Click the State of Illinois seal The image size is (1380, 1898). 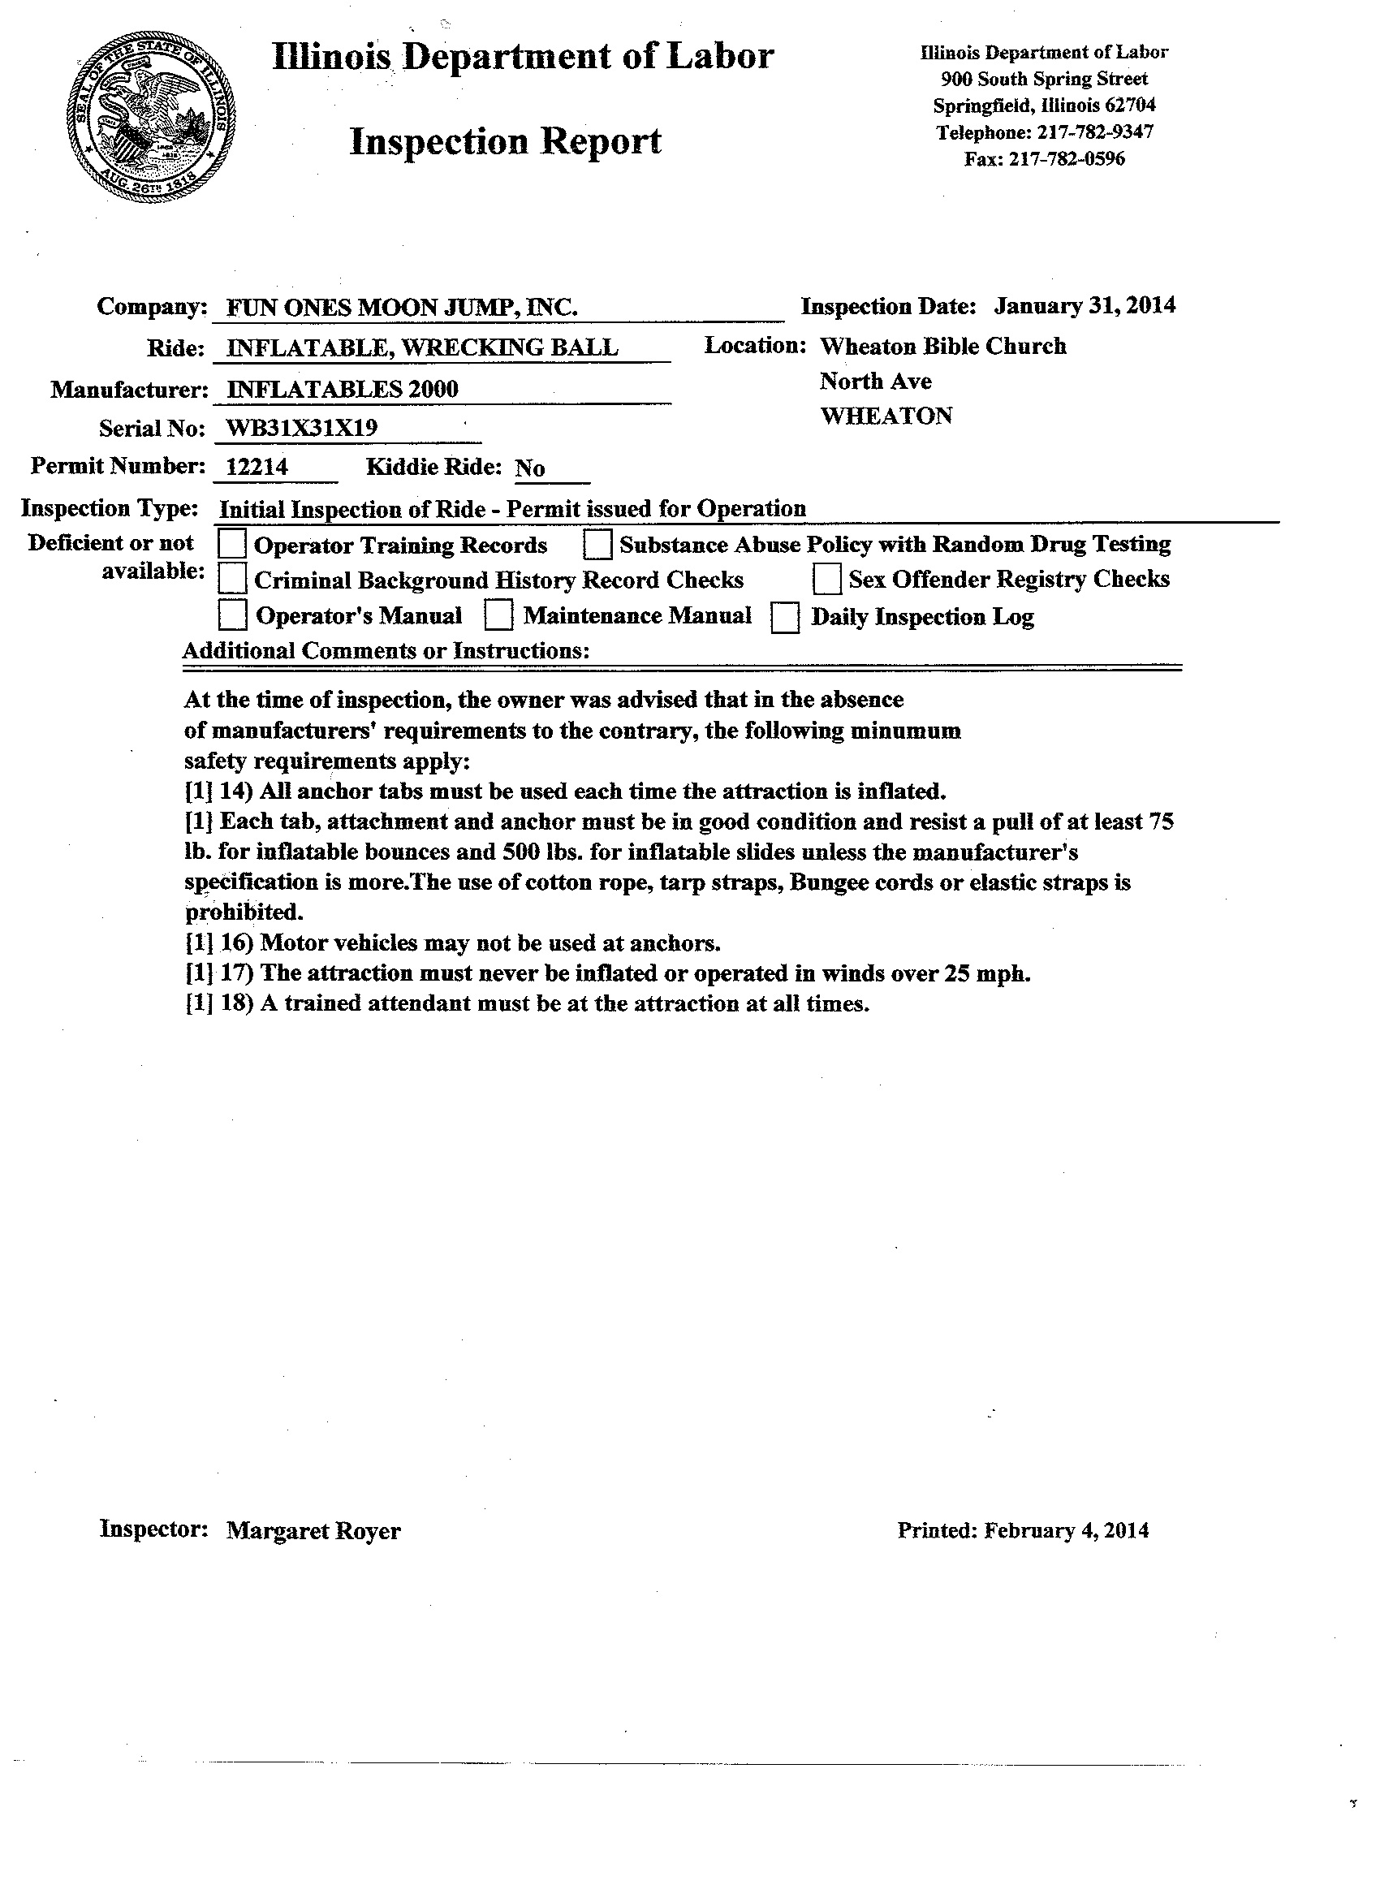(152, 118)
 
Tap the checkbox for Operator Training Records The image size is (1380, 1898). (232, 545)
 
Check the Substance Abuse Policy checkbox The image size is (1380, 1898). (597, 545)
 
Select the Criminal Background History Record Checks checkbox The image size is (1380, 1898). (232, 580)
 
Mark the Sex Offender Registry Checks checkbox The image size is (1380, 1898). (827, 579)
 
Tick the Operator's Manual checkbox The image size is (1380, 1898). (232, 616)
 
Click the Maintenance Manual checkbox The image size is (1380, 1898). (498, 616)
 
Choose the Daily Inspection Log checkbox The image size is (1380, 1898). (785, 618)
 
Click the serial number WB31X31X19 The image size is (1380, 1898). (302, 429)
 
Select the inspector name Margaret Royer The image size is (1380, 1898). (314, 1531)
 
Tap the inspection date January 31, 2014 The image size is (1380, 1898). (1085, 305)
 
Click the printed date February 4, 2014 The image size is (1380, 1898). (1066, 1530)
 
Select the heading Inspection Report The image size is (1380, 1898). (506, 141)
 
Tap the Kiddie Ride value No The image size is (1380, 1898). (530, 468)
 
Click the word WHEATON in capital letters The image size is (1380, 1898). (886, 416)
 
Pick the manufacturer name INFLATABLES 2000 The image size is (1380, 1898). (343, 389)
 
